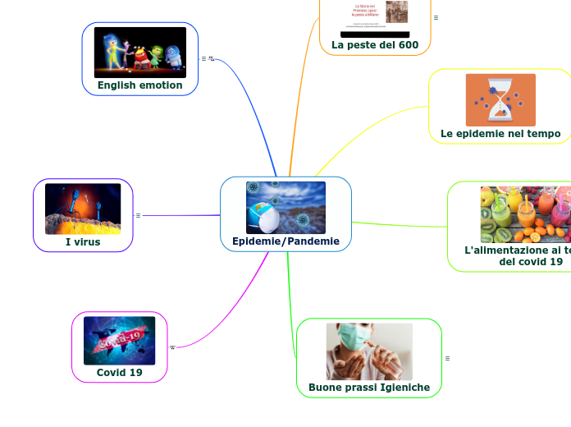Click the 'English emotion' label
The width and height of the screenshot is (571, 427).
tap(139, 85)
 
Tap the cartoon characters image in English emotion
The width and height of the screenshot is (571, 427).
tap(139, 53)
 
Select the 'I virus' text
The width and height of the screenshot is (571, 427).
tap(83, 241)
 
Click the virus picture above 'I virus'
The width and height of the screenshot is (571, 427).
tap(83, 209)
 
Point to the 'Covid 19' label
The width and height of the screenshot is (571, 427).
tap(120, 372)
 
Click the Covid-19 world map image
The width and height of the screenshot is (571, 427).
tap(120, 341)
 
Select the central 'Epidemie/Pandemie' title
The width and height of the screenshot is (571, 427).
tap(285, 241)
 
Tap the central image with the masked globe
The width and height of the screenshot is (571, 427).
tap(285, 208)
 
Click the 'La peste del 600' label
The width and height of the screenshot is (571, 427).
tap(375, 44)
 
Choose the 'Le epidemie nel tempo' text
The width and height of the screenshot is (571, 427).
tap(500, 133)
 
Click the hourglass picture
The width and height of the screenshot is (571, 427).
tap(500, 99)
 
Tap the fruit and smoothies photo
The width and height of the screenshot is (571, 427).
tap(525, 214)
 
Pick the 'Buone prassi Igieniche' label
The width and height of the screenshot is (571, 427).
tap(369, 387)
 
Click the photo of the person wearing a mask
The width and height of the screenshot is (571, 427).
tap(369, 351)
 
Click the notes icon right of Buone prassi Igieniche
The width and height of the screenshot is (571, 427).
tap(447, 358)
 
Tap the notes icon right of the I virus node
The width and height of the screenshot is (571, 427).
tap(138, 215)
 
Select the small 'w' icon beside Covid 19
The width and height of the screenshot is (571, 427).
tap(172, 347)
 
